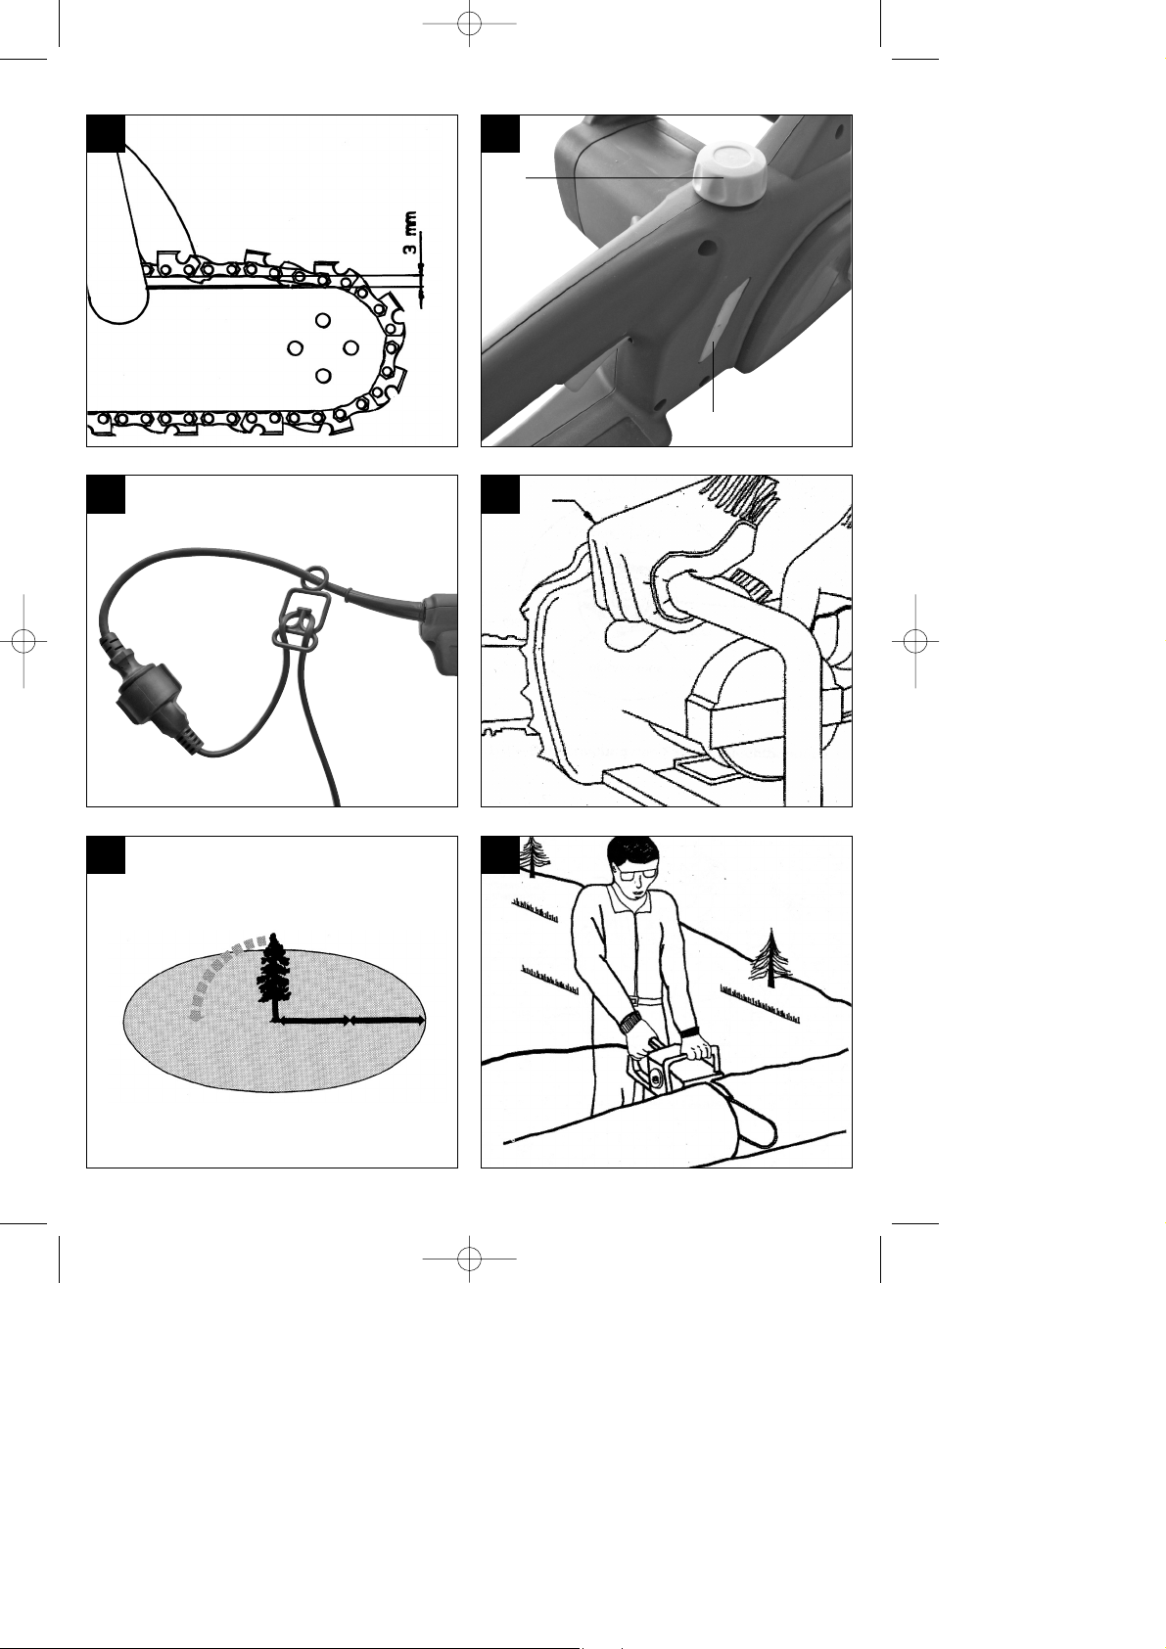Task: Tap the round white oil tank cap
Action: pyautogui.click(x=725, y=173)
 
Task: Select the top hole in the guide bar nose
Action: pyautogui.click(x=321, y=320)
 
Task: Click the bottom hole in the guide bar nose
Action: pyautogui.click(x=321, y=376)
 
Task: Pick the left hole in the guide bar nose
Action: pyautogui.click(x=295, y=347)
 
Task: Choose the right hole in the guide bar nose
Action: pyautogui.click(x=350, y=347)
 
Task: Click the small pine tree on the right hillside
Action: pyautogui.click(x=770, y=957)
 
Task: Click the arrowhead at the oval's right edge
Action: pyautogui.click(x=420, y=1021)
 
